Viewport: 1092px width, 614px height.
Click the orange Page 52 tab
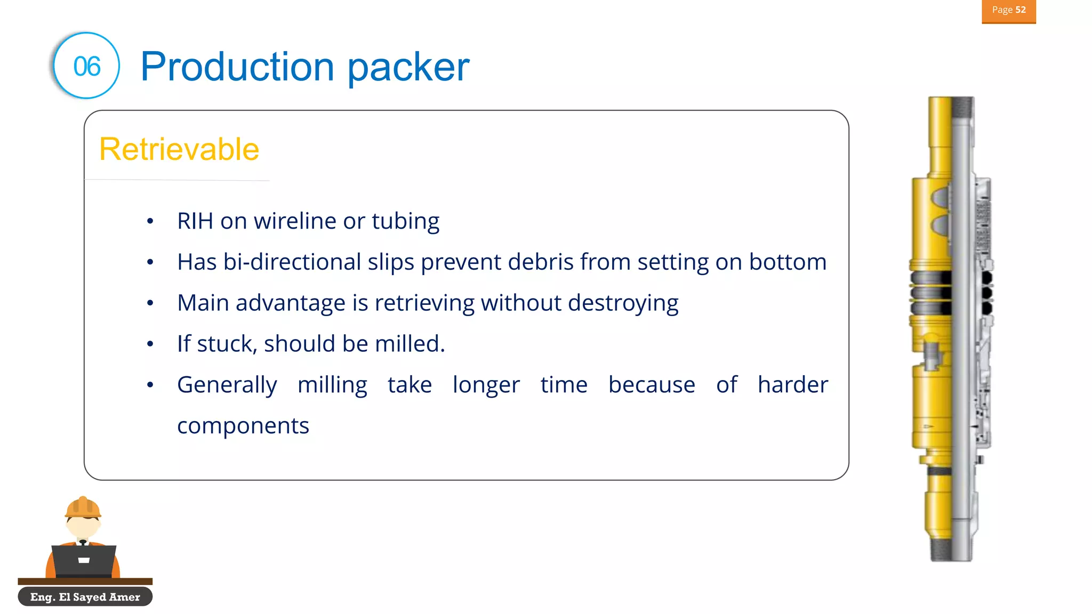coord(1008,11)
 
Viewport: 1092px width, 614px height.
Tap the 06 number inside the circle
coord(87,67)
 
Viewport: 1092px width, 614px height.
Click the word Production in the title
coord(237,67)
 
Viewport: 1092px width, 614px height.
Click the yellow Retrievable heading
coord(179,149)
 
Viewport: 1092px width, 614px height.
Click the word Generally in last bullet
coord(227,385)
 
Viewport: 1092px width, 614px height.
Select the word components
coord(243,426)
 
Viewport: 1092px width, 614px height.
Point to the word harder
coord(792,385)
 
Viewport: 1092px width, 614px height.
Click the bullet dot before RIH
coord(150,221)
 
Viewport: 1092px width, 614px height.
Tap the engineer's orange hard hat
coord(83,508)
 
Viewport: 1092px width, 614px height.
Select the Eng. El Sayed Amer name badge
coord(85,597)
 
